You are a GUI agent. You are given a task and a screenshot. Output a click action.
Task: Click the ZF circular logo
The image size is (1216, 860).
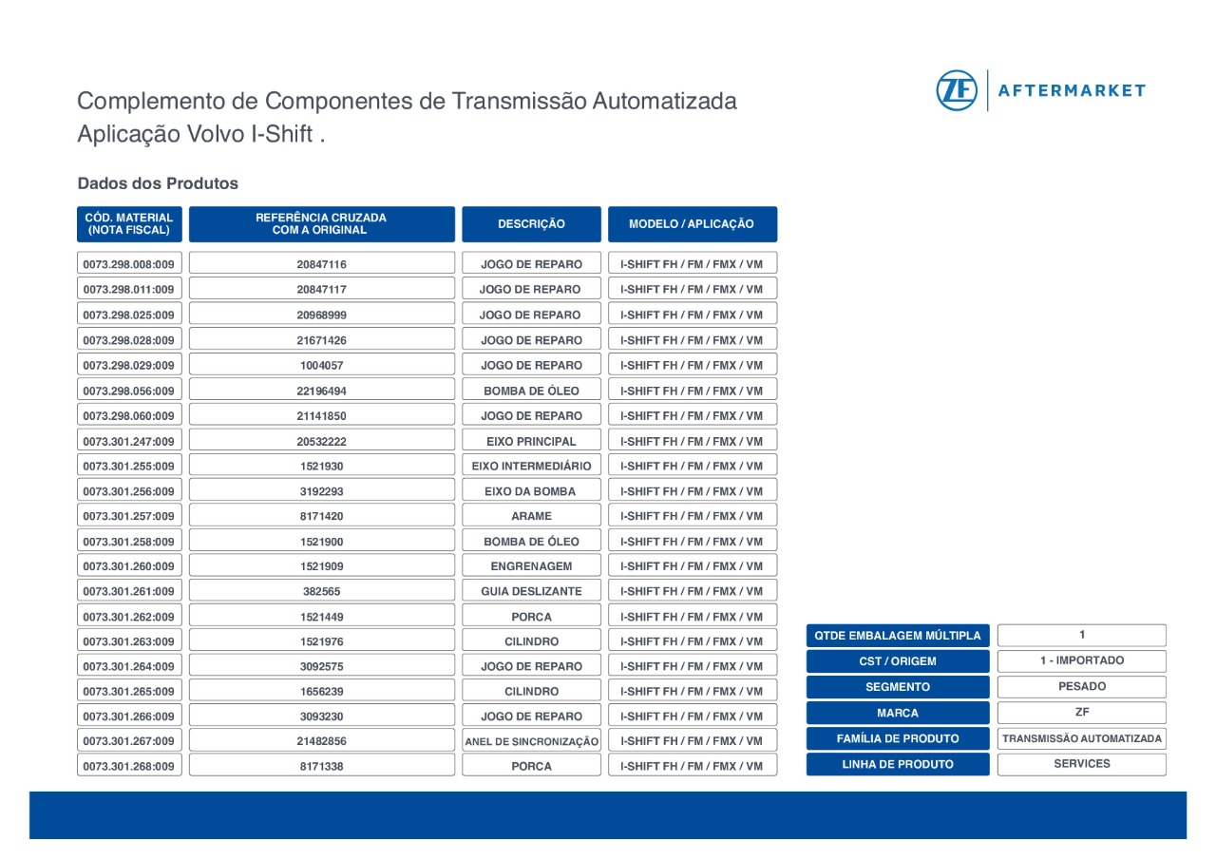pyautogui.click(x=957, y=90)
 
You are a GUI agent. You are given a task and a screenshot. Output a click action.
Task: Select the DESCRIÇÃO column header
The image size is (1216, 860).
pyautogui.click(x=531, y=224)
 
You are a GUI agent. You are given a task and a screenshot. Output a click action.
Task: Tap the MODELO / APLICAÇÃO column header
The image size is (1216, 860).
pyautogui.click(x=692, y=224)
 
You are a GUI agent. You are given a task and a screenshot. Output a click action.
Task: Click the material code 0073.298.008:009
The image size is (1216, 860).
pyautogui.click(x=129, y=264)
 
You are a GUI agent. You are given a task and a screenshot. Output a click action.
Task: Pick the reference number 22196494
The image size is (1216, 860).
pyautogui.click(x=321, y=391)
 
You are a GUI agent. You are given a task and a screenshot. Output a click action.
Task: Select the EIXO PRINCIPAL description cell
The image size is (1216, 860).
pyautogui.click(x=531, y=441)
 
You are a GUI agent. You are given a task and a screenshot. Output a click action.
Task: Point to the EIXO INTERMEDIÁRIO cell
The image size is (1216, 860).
pyautogui.click(x=531, y=466)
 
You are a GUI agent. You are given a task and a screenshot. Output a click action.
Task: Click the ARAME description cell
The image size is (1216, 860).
pyautogui.click(x=531, y=516)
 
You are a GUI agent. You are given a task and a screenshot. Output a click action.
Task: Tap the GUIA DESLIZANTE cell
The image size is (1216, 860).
pyautogui.click(x=531, y=591)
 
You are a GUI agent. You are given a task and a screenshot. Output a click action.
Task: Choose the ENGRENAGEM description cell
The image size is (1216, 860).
pyautogui.click(x=531, y=566)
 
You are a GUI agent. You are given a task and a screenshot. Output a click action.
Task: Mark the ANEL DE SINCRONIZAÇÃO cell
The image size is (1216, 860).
pyautogui.click(x=531, y=741)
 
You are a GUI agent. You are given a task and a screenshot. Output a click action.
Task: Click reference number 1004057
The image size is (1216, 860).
pyautogui.click(x=321, y=365)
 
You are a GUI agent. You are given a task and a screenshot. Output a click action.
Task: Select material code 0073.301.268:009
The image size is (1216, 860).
pyautogui.click(x=129, y=766)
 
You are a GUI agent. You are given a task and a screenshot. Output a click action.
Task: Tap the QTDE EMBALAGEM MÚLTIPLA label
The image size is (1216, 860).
pyautogui.click(x=898, y=636)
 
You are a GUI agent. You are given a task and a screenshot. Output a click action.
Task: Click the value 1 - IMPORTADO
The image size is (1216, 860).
pyautogui.click(x=1081, y=660)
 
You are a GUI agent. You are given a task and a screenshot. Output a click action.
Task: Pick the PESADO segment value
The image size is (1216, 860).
pyautogui.click(x=1081, y=686)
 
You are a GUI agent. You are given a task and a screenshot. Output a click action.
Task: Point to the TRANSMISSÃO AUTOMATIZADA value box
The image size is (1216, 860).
pyautogui.click(x=1081, y=738)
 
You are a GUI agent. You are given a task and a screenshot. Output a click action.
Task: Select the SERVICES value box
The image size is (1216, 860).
pyautogui.click(x=1081, y=764)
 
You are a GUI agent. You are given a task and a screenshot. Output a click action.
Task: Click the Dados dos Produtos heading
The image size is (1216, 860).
pyautogui.click(x=158, y=183)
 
